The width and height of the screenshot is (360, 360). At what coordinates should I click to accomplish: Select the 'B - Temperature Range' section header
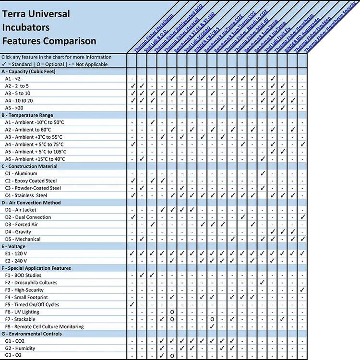point(27,115)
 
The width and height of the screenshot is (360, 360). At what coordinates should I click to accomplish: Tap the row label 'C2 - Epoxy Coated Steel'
point(31,180)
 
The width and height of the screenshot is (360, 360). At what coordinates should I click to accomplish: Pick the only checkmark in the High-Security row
point(303,290)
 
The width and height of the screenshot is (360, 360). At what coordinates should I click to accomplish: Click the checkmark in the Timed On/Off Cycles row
point(133,304)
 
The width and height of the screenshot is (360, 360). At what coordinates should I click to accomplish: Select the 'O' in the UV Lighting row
point(172,312)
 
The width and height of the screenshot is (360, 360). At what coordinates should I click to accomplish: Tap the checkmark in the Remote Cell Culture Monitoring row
point(212,326)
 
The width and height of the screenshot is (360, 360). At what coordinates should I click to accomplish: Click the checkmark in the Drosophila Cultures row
point(263,283)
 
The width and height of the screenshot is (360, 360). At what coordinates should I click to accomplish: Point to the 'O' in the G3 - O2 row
point(172,356)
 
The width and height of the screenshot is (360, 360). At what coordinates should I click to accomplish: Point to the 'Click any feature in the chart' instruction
point(57,57)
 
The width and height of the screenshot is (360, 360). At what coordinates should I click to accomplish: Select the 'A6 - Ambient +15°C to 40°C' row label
point(36,159)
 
